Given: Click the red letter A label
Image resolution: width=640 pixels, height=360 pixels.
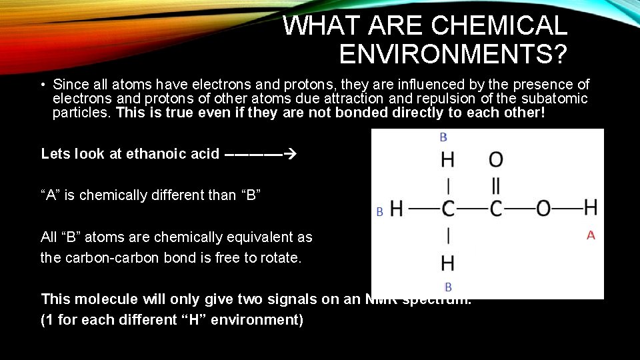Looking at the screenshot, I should tap(591, 235).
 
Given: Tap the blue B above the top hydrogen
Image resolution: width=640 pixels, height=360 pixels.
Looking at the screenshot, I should tap(443, 137).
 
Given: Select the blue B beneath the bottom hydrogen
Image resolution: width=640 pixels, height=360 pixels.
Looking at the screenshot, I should tap(448, 287).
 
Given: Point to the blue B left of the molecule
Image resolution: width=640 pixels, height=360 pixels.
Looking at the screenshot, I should tap(379, 212).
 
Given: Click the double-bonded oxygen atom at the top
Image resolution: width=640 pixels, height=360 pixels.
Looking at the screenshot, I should tap(496, 159).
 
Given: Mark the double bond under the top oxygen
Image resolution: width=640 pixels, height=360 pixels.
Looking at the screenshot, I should tap(496, 185).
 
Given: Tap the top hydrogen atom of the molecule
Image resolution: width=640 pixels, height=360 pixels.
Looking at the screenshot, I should tap(448, 160).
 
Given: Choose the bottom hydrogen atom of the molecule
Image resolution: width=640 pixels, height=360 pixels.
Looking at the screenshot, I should tap(448, 263).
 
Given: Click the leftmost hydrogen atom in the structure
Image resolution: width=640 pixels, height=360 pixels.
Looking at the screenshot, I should tap(397, 209).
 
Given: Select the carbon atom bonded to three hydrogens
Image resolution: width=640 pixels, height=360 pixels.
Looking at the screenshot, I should tap(448, 209).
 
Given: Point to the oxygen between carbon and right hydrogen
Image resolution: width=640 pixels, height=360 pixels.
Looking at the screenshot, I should tap(543, 209).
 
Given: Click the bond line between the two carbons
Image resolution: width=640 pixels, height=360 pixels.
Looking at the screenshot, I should tap(472, 209).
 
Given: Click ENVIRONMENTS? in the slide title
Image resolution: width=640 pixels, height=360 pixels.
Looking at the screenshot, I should tap(453, 54).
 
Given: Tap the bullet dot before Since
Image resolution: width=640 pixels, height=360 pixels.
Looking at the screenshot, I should tap(42, 85).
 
